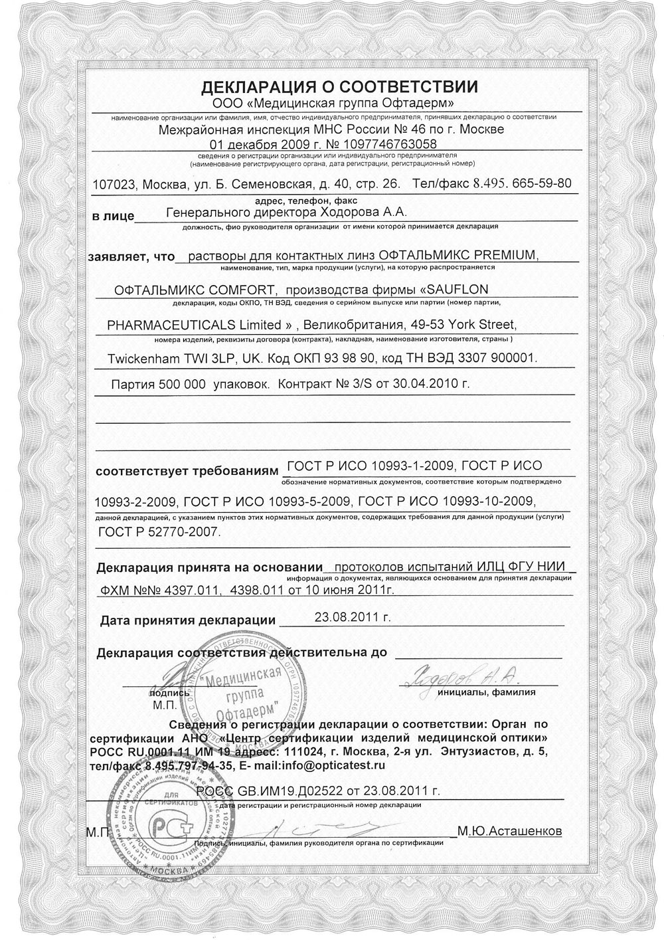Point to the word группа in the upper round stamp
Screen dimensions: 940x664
[x=244, y=696]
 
